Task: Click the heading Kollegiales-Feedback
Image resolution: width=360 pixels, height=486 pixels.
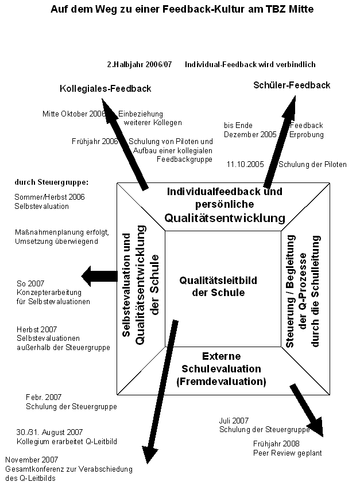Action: [x=106, y=88]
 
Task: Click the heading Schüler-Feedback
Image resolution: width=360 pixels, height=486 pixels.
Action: [x=292, y=85]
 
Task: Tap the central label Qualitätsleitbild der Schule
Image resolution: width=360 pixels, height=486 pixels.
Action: [x=218, y=286]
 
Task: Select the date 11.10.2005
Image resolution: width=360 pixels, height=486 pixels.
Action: [x=245, y=164]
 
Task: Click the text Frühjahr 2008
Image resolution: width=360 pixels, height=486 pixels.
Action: [x=276, y=444]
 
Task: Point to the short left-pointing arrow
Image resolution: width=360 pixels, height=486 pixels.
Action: [x=99, y=276]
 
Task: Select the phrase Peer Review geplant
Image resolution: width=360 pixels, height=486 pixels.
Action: [x=288, y=453]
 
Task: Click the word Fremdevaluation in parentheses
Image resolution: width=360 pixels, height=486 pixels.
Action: [x=221, y=382]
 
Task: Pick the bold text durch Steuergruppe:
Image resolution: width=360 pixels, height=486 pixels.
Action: [x=52, y=182]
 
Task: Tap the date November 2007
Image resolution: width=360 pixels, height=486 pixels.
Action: [x=32, y=460]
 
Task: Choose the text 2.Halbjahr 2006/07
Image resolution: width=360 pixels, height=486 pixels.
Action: [x=140, y=64]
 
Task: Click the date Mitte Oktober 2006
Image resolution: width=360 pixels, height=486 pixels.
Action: [x=74, y=114]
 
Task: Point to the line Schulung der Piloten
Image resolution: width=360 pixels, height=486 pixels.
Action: [x=312, y=164]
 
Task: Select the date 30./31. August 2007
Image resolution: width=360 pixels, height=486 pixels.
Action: [x=49, y=433]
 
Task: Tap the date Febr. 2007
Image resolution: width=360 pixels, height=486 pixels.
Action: [x=44, y=397]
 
